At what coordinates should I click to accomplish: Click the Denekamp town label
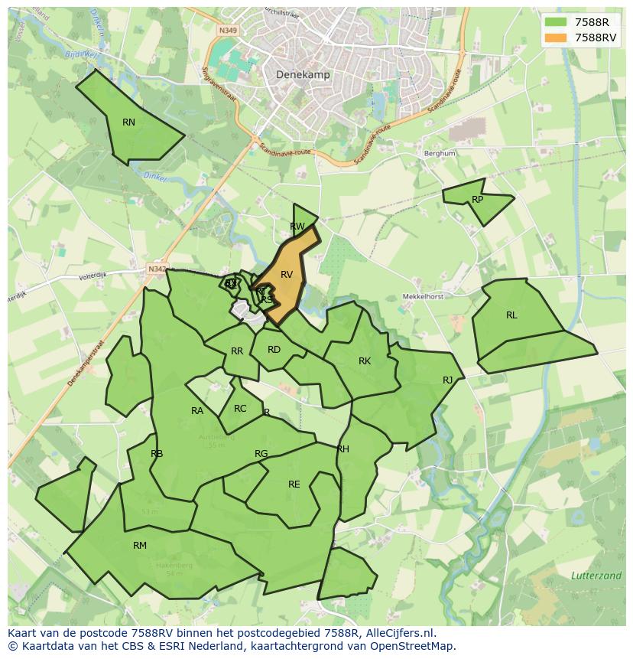(300, 75)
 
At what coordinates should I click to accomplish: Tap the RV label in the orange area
(287, 275)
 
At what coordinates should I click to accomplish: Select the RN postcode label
(128, 122)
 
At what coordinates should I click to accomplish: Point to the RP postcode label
(478, 200)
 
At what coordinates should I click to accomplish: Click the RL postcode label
(511, 315)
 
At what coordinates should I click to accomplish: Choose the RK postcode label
(365, 361)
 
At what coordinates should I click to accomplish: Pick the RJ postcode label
(448, 380)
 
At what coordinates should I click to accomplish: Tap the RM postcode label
(139, 546)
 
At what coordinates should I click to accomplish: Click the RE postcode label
(294, 484)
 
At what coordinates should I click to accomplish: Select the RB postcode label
(157, 454)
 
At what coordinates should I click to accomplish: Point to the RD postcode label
(274, 350)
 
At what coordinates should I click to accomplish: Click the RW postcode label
(297, 227)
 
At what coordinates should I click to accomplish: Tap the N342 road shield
(156, 269)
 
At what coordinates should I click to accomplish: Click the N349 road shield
(227, 30)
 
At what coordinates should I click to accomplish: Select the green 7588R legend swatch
(557, 22)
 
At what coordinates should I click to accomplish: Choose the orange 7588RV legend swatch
(557, 38)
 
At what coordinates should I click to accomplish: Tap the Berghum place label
(440, 153)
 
